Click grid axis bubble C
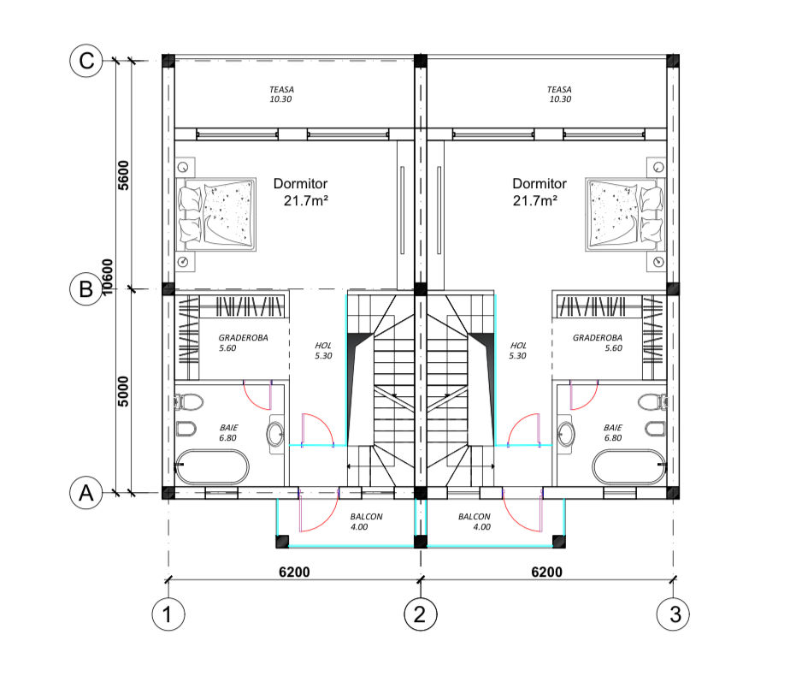pyautogui.click(x=86, y=61)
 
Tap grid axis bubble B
pyautogui.click(x=86, y=289)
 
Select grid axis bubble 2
pyautogui.click(x=421, y=614)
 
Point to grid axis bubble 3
pyautogui.click(x=673, y=614)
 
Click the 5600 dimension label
pyautogui.click(x=123, y=175)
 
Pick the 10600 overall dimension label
pyautogui.click(x=107, y=277)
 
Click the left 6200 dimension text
pyautogui.click(x=294, y=572)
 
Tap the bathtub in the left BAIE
pyautogui.click(x=212, y=466)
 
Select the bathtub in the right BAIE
pyautogui.click(x=629, y=466)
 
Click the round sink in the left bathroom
pyautogui.click(x=275, y=435)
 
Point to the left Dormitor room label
pyautogui.click(x=301, y=192)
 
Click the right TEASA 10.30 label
pyautogui.click(x=559, y=94)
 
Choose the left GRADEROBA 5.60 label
pyautogui.click(x=243, y=343)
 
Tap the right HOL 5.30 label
pyautogui.click(x=517, y=351)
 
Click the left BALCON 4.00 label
pyautogui.click(x=366, y=521)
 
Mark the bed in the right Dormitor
pyautogui.click(x=626, y=215)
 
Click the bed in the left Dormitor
pyautogui.click(x=215, y=215)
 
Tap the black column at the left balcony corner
pyautogui.click(x=282, y=542)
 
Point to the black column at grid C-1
pyautogui.click(x=168, y=61)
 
